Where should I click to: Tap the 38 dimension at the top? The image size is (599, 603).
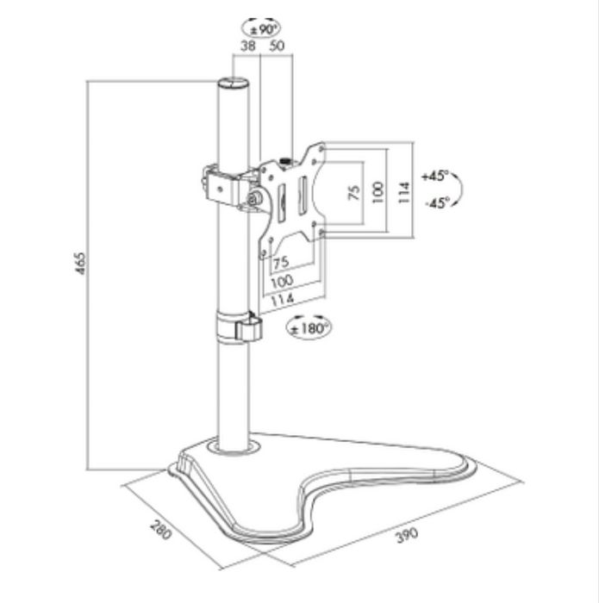pos(247,47)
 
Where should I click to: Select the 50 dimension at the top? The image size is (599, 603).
pos(278,47)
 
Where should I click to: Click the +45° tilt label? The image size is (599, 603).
pos(435,176)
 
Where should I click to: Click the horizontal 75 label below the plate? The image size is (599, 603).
pos(281,262)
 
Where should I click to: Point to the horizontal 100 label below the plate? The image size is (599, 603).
pos(282,280)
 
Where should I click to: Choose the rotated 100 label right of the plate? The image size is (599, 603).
pos(376,191)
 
